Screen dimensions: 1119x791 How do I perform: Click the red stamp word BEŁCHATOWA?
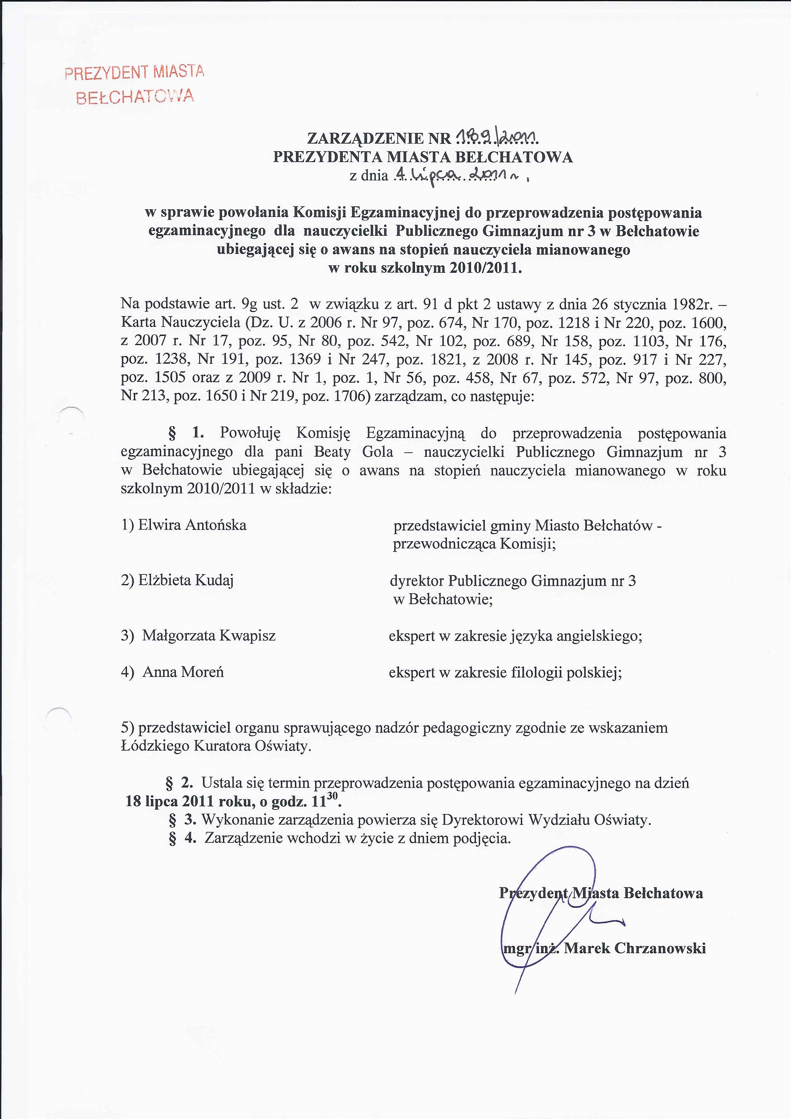135,97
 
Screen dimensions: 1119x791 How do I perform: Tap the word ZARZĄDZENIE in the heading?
366,138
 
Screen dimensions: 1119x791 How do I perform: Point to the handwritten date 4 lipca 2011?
458,174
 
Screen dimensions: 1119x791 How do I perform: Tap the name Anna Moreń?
183,672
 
